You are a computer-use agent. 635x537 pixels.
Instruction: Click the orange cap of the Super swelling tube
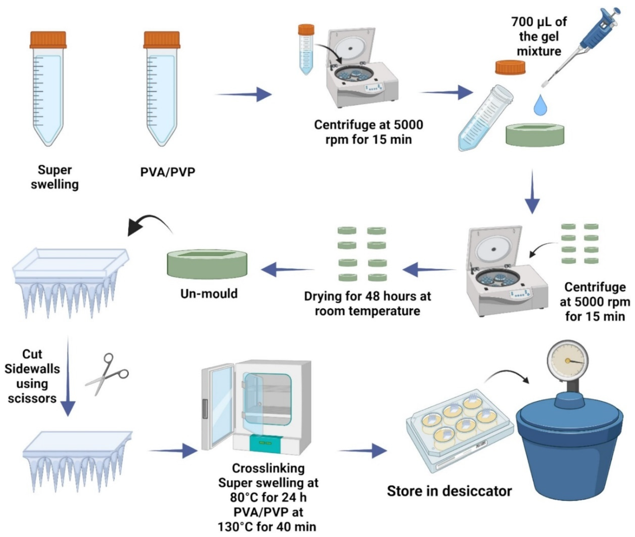click(48, 40)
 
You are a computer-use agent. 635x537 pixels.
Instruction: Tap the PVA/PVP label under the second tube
click(168, 172)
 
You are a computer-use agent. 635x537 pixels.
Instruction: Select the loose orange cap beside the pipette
click(510, 68)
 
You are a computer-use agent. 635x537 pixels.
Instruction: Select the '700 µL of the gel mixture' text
click(539, 36)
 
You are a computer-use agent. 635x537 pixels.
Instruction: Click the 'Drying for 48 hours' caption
click(368, 304)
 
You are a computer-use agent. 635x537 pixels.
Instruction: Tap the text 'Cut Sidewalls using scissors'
click(32, 376)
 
